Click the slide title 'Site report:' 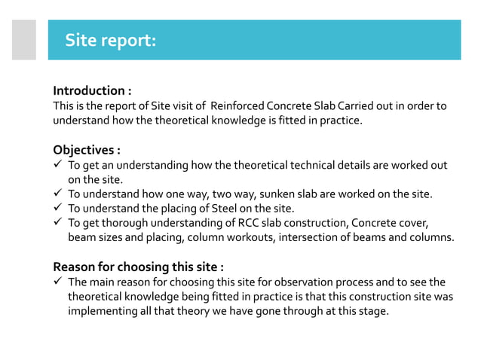[110, 39]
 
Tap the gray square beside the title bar [23, 39]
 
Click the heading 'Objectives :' [86, 148]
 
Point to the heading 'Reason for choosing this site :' [138, 267]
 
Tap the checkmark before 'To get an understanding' [57, 164]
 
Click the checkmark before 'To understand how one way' [57, 194]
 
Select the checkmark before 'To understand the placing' [57, 208]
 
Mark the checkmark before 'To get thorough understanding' [57, 222]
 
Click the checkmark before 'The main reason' [57, 282]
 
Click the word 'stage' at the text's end [372, 310]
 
